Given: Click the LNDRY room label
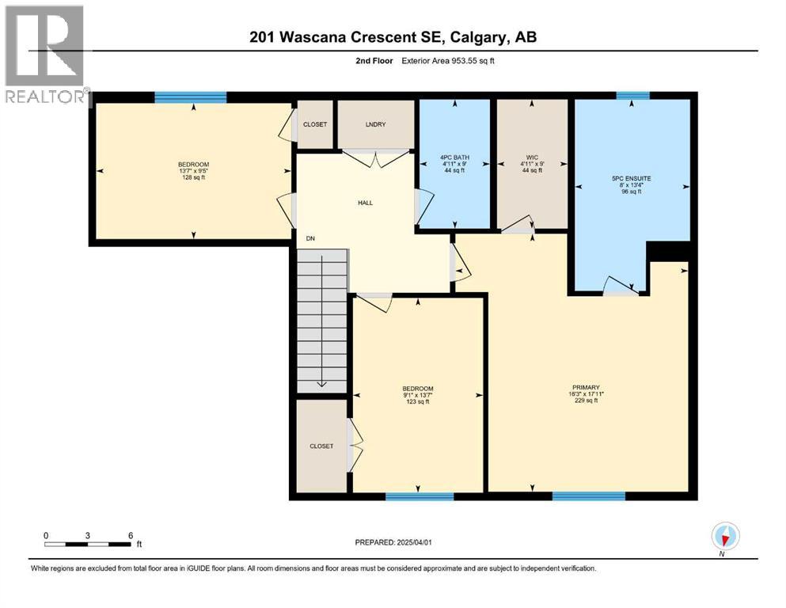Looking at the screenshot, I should pyautogui.click(x=375, y=125).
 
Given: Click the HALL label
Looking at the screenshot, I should pyautogui.click(x=364, y=203).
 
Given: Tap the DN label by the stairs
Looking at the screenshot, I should pyautogui.click(x=311, y=237).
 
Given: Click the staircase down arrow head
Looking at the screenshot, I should pyautogui.click(x=321, y=384).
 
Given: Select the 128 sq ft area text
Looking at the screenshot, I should pyautogui.click(x=193, y=177).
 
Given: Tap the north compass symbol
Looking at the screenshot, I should pyautogui.click(x=725, y=536).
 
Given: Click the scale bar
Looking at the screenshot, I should pyautogui.click(x=88, y=544).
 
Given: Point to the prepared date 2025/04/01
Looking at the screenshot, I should pyautogui.click(x=393, y=542).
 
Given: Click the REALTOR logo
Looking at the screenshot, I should pyautogui.click(x=44, y=54).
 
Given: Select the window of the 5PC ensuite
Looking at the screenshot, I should pyautogui.click(x=632, y=96).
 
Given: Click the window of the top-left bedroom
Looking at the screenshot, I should pyautogui.click(x=190, y=97).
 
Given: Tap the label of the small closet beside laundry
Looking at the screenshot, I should pyautogui.click(x=314, y=125).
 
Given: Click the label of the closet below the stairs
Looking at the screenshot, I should pyautogui.click(x=321, y=446).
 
